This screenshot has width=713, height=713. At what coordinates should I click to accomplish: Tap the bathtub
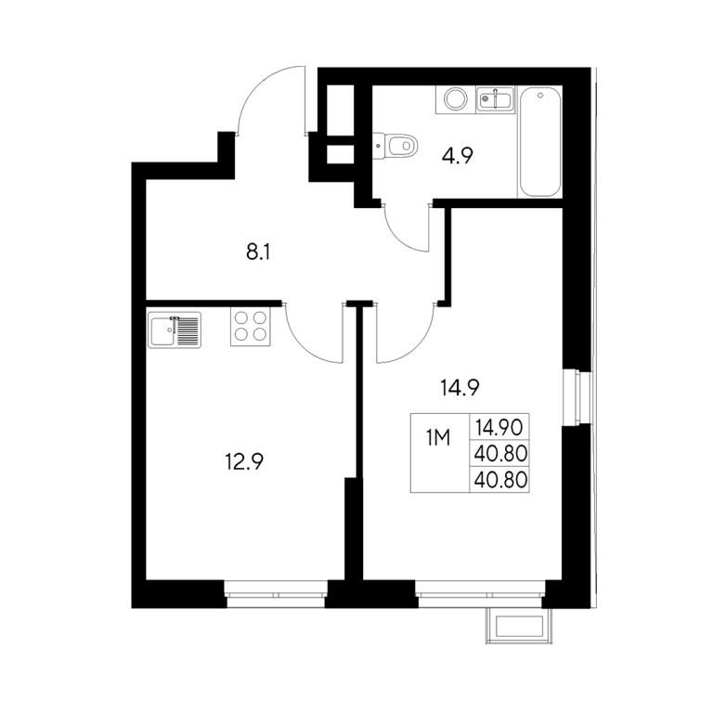[x=539, y=142]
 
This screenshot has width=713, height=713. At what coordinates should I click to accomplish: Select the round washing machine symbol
[x=455, y=99]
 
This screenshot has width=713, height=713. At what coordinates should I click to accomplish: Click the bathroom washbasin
[x=495, y=99]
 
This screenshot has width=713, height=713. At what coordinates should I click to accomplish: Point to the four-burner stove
[x=250, y=327]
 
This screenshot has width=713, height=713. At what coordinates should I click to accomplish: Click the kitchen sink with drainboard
[x=175, y=331]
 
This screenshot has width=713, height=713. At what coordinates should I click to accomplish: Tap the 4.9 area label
[x=458, y=156]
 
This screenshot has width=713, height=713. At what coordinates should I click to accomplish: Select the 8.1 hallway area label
[x=258, y=252]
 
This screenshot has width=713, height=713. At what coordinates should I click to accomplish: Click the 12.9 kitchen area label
[x=245, y=462]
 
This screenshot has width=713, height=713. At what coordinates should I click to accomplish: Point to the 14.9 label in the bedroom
[x=460, y=388]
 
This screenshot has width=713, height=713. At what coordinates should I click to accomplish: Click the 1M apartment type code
[x=438, y=438]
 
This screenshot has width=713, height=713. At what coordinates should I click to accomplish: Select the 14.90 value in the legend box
[x=499, y=427]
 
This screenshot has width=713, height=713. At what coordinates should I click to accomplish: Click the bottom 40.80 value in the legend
[x=500, y=480]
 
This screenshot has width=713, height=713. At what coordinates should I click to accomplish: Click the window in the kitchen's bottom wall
[x=276, y=594]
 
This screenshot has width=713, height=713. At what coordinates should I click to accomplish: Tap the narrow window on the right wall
[x=577, y=397]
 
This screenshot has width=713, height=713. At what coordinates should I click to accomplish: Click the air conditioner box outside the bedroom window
[x=519, y=626]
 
